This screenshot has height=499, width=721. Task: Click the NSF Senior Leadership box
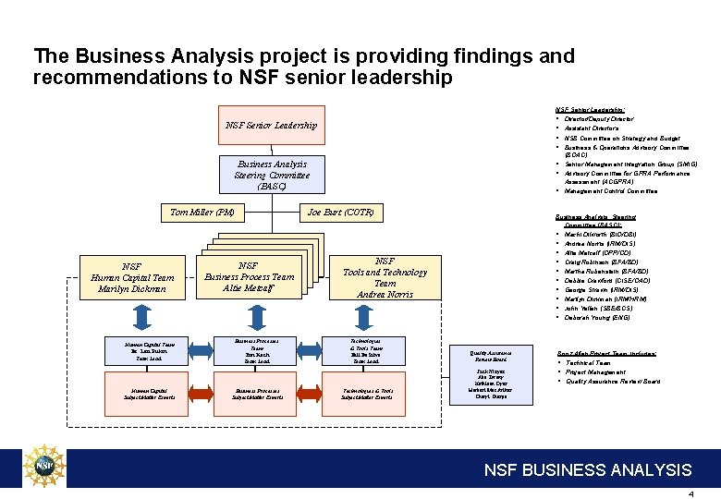pyautogui.click(x=271, y=126)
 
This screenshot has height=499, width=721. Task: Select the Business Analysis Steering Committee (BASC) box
pyautogui.click(x=272, y=176)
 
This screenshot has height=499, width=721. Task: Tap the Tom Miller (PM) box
pyautogui.click(x=202, y=213)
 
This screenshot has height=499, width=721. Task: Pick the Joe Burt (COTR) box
pyautogui.click(x=340, y=213)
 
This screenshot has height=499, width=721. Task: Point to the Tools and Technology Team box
pyautogui.click(x=385, y=277)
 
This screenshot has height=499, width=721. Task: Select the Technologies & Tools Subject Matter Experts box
pyautogui.click(x=368, y=394)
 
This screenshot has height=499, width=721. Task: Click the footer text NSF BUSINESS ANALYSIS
pyautogui.click(x=588, y=470)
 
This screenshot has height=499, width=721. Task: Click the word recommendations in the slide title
pyautogui.click(x=112, y=78)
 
